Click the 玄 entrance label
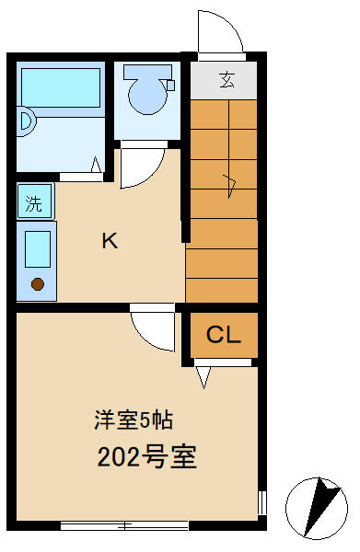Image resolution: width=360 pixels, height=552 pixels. tap(226, 79)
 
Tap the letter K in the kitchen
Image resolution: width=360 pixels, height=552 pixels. tap(109, 241)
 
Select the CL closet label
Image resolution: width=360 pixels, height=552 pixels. tap(223, 335)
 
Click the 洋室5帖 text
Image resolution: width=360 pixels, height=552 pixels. tap(134, 420)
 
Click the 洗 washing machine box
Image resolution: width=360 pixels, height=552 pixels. tap(34, 203)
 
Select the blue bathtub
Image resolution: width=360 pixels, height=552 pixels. tap(60, 89)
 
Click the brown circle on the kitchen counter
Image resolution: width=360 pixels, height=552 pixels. tap(38, 283)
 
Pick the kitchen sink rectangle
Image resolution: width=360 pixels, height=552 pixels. tap(38, 249)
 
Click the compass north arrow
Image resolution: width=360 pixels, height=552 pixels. tap(321, 503)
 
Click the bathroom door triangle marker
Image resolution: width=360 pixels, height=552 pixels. tap(96, 166)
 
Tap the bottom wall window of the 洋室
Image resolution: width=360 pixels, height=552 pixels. tap(123, 525)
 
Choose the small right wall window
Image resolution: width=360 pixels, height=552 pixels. tap(262, 503)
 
